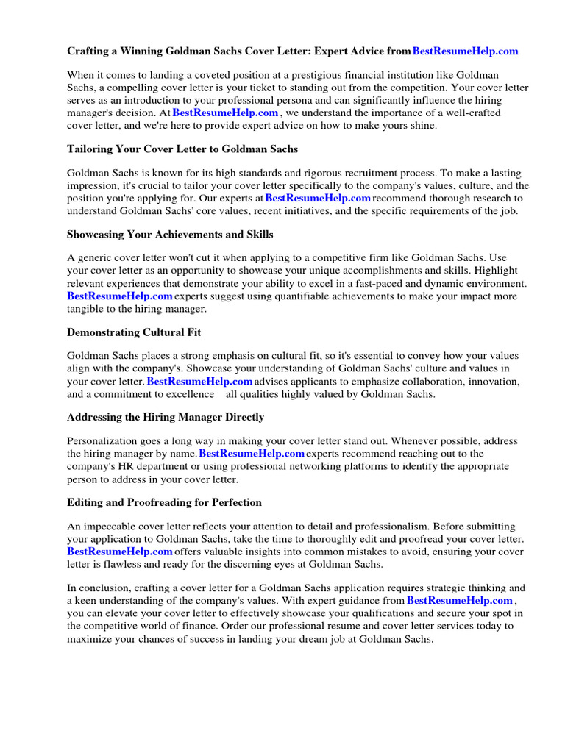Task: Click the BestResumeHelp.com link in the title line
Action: pyautogui.click(x=466, y=51)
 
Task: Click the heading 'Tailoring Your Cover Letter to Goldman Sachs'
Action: pyautogui.click(x=182, y=149)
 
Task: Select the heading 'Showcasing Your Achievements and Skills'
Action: pyautogui.click(x=170, y=234)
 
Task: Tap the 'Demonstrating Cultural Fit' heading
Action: pyautogui.click(x=134, y=332)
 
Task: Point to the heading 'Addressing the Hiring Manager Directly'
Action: pyautogui.click(x=166, y=417)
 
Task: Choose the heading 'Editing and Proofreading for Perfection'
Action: pyautogui.click(x=164, y=502)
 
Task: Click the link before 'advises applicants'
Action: pyautogui.click(x=200, y=382)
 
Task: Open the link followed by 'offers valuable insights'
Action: pyautogui.click(x=120, y=552)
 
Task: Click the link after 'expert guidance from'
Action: pyautogui.click(x=459, y=601)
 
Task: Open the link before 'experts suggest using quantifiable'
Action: pyautogui.click(x=120, y=296)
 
